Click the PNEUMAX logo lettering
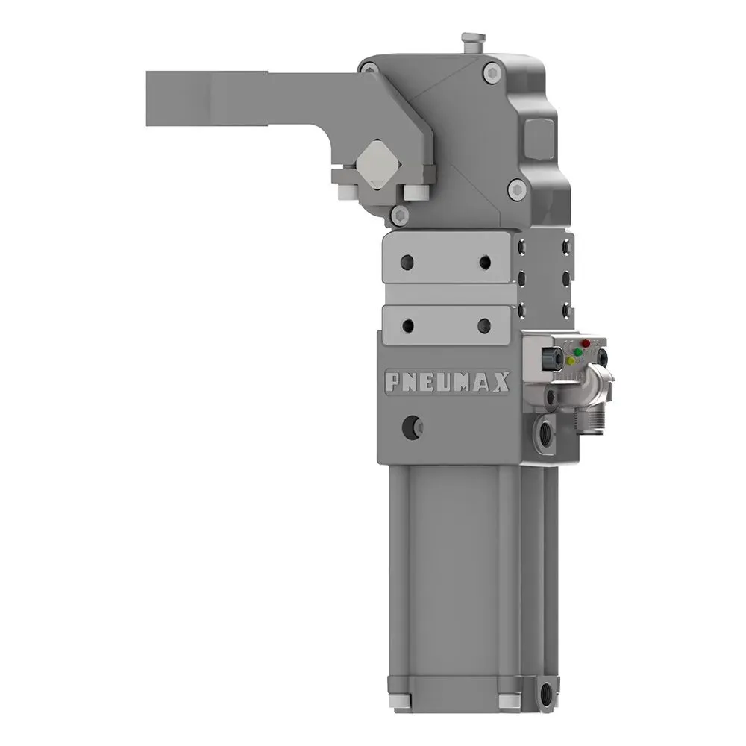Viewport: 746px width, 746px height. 447,382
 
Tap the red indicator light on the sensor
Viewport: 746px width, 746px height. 586,344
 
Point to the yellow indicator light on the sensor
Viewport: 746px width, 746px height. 571,360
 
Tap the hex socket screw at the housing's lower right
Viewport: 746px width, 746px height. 515,190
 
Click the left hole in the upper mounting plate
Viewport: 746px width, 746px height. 407,262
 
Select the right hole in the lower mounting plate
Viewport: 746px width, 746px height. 484,325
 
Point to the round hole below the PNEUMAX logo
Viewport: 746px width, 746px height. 411,427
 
